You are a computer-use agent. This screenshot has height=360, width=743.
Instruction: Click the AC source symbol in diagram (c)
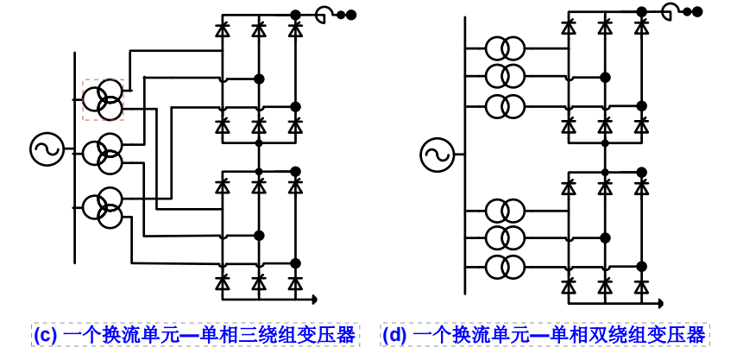point(46,149)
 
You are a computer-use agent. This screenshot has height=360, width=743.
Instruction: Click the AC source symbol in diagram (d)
point(437,156)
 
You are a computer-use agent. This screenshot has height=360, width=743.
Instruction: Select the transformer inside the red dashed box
point(104,99)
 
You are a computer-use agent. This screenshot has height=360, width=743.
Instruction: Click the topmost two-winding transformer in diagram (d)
point(505,47)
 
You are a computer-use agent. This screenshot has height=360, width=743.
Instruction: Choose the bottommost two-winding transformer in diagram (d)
point(505,267)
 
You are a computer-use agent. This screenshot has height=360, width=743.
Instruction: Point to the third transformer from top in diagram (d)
point(505,106)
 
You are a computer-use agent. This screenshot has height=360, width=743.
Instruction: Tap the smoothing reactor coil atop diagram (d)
point(671,11)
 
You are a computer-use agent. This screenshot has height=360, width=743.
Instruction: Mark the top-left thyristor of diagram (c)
point(222,31)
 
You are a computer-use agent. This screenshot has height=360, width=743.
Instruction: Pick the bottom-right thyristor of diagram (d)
point(640,286)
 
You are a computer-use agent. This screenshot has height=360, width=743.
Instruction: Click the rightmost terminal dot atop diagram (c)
point(351,15)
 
